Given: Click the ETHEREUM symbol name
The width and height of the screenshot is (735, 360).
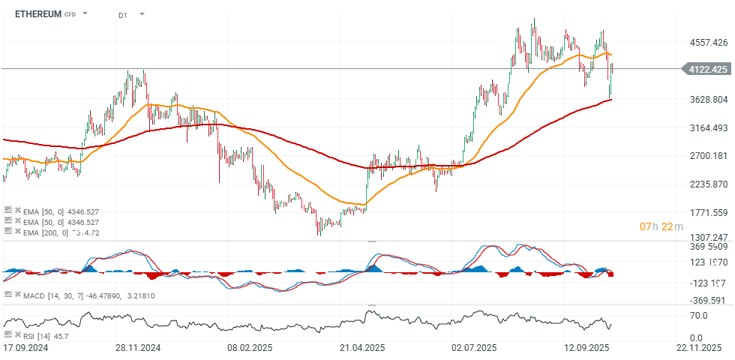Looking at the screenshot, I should pyautogui.click(x=37, y=13).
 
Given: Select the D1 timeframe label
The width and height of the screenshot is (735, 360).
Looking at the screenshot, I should pyautogui.click(x=123, y=14).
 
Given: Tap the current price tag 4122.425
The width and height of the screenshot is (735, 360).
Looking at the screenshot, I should pyautogui.click(x=707, y=69).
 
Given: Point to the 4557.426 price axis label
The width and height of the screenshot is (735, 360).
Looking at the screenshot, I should pyautogui.click(x=707, y=42).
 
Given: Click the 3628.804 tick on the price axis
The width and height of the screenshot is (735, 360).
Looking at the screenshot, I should pyautogui.click(x=707, y=99).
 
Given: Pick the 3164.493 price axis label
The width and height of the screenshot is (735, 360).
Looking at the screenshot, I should pyautogui.click(x=707, y=127).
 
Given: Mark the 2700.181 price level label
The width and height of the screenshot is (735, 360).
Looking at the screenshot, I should pyautogui.click(x=707, y=156).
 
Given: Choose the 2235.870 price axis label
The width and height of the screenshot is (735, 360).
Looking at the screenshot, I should pyautogui.click(x=707, y=184).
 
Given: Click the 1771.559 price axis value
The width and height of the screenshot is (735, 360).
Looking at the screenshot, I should pyautogui.click(x=707, y=213).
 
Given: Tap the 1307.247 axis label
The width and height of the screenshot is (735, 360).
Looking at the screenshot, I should pyautogui.click(x=707, y=237).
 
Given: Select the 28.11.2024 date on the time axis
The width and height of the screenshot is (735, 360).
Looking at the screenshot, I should pyautogui.click(x=138, y=349).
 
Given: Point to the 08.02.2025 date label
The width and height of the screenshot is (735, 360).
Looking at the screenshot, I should pyautogui.click(x=250, y=349).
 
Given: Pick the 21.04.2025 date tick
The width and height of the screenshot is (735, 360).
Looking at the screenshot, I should pyautogui.click(x=361, y=349).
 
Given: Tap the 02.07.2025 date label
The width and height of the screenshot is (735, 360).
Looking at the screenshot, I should pyautogui.click(x=474, y=349).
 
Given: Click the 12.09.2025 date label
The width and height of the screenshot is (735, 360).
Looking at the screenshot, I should pyautogui.click(x=586, y=349).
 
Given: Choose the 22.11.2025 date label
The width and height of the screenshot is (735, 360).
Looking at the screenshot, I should pyautogui.click(x=698, y=349).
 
